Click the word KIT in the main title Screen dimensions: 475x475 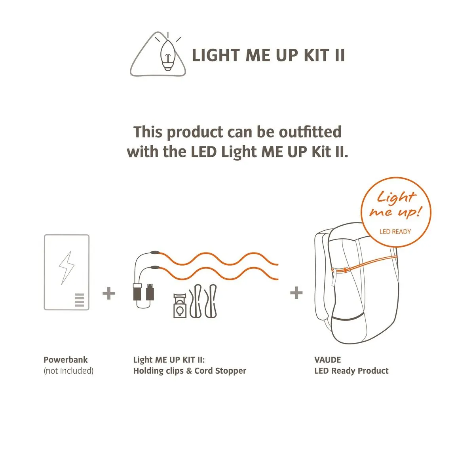click(316, 55)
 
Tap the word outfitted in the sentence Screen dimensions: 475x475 click(310, 132)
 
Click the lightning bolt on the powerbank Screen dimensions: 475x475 click(66, 268)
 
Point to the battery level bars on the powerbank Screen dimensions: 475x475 click(80, 300)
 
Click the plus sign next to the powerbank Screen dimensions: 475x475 click(109, 293)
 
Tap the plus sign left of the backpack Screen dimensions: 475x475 click(296, 293)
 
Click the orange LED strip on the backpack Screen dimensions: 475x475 click(364, 264)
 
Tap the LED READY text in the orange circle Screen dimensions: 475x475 click(395, 232)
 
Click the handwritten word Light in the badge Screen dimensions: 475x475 click(396, 197)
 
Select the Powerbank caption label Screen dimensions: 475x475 click(66, 360)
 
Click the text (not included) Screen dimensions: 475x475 click(68, 371)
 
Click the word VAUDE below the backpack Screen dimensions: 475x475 click(327, 360)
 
